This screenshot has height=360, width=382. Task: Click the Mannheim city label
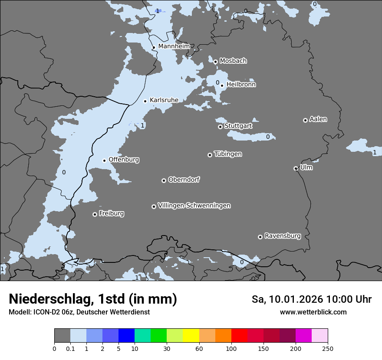tap(174, 46)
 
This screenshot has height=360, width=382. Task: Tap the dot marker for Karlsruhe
tap(145, 101)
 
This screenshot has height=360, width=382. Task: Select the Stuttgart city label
tap(238, 126)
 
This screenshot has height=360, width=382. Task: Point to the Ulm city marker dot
tap(296, 168)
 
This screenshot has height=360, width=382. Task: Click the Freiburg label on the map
tap(111, 213)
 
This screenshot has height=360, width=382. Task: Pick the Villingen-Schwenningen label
tap(194, 206)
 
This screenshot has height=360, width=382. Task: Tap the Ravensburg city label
tap(282, 236)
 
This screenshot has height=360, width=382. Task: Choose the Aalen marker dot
tap(305, 120)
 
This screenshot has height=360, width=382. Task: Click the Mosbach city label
tap(233, 61)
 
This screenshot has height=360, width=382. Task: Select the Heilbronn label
tap(241, 85)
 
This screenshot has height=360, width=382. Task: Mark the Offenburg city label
tap(124, 160)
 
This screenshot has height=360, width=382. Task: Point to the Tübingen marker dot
tap(210, 155)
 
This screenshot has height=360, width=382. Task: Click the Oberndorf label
tap(184, 180)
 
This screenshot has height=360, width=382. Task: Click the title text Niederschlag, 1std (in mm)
tap(92, 299)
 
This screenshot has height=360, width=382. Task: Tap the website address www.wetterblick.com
tap(313, 312)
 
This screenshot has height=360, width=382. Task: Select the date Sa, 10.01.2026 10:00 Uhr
tap(311, 299)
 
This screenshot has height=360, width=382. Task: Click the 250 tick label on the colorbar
tap(328, 348)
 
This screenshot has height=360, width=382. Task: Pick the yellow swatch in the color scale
tap(191, 336)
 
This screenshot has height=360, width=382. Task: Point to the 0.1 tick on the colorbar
tap(70, 348)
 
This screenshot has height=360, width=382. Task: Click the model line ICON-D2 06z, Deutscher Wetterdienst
tap(79, 312)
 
